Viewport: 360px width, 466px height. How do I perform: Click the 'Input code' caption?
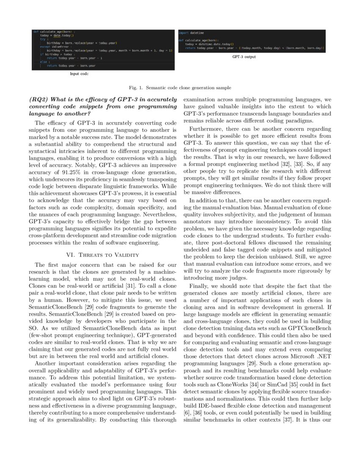79,73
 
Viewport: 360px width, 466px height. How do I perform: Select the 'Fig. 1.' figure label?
136,88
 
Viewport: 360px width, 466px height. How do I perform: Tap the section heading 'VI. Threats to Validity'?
103,255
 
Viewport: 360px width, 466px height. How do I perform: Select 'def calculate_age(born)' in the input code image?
53,32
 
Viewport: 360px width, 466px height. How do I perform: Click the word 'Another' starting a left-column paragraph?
47,363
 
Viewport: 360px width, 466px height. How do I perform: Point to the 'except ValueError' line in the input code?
52,47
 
